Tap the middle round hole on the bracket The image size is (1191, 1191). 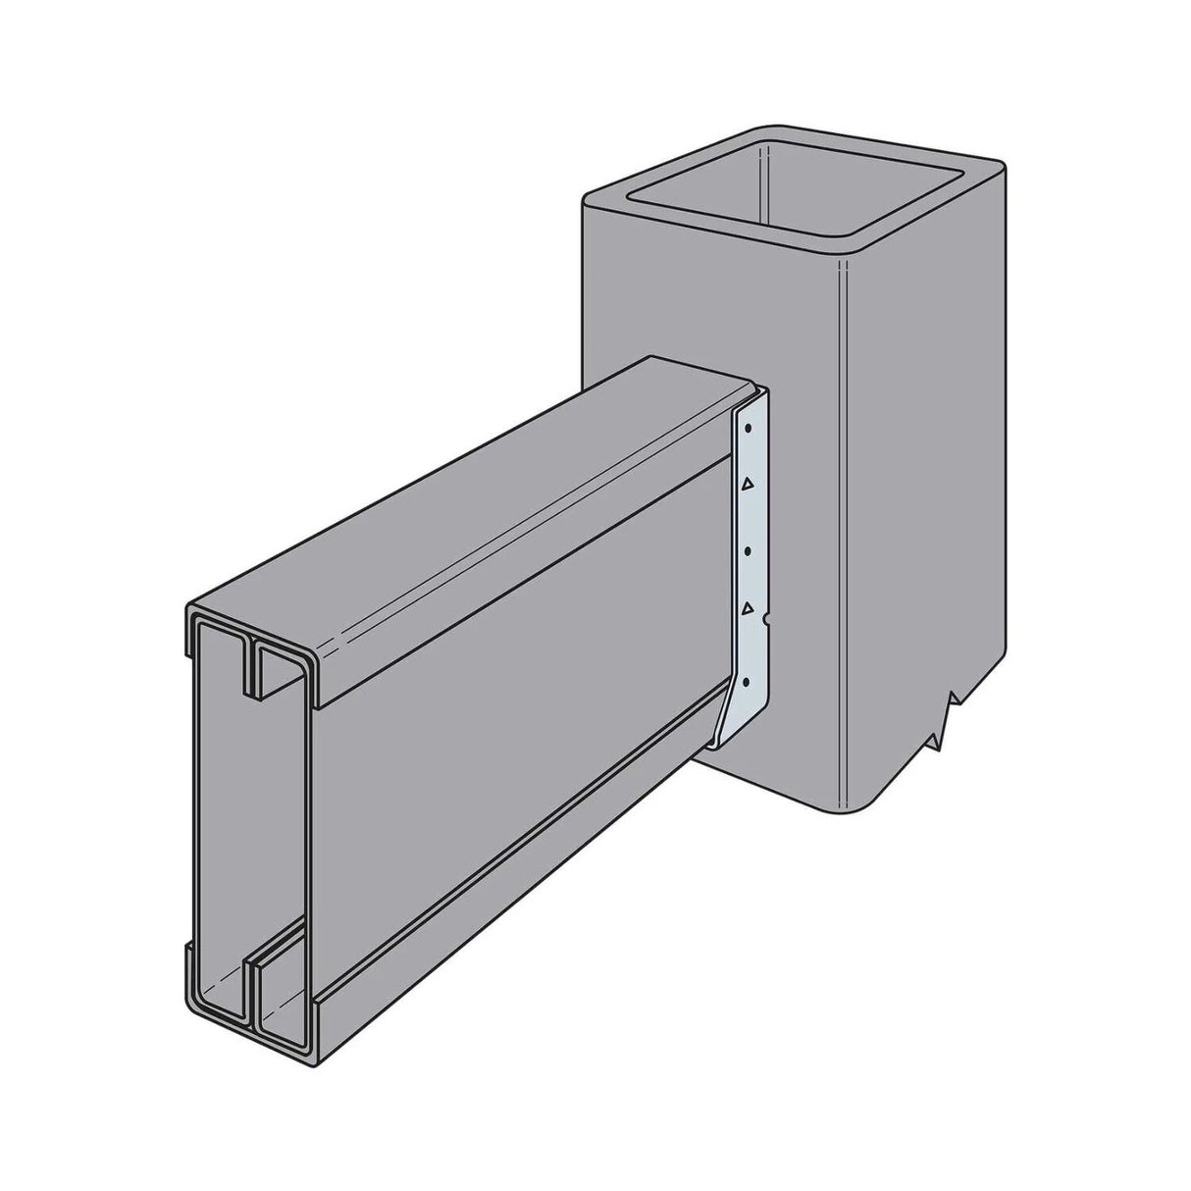pyautogui.click(x=748, y=552)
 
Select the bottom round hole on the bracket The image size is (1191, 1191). pyautogui.click(x=748, y=681)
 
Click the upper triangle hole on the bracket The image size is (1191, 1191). pyautogui.click(x=748, y=484)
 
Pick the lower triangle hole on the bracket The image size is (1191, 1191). pyautogui.click(x=748, y=609)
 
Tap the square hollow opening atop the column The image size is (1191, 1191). pyautogui.click(x=796, y=191)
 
